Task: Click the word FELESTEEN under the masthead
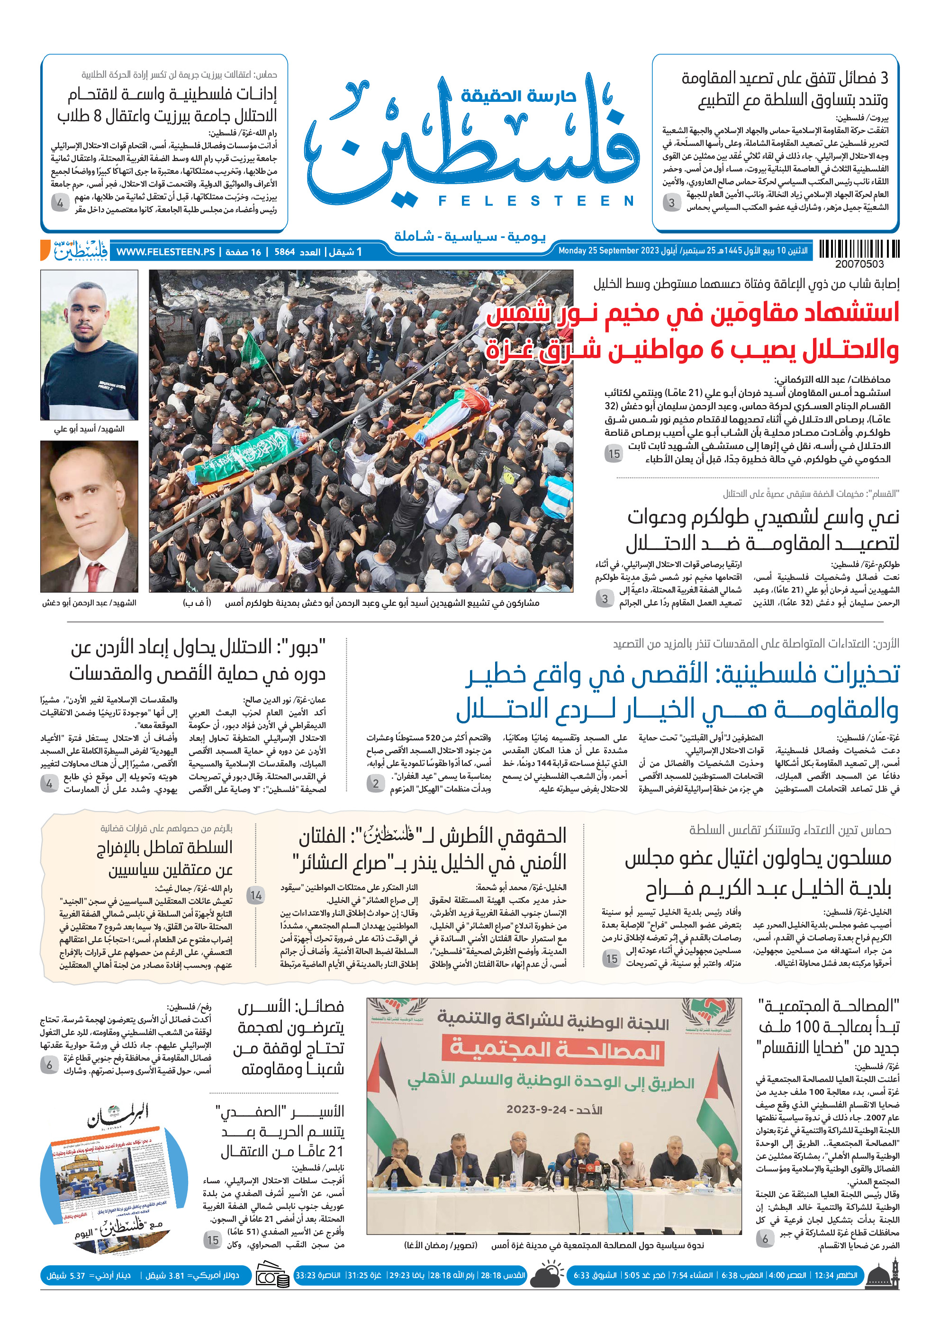tap(536, 201)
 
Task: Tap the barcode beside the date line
tap(859, 249)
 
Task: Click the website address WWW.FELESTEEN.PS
tap(165, 252)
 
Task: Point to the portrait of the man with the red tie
tap(90, 516)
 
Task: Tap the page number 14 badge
tap(256, 895)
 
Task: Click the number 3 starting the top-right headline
tap(883, 78)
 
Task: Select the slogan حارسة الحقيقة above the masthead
tap(518, 95)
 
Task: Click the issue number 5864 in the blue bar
tap(284, 252)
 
